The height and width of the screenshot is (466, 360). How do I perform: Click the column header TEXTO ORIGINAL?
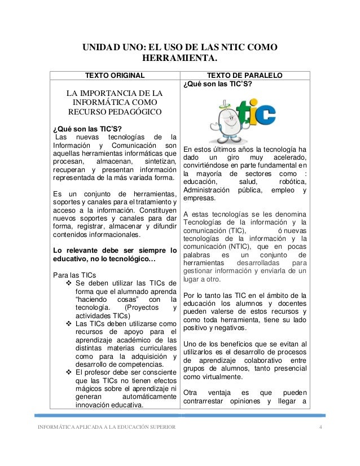pos(115,76)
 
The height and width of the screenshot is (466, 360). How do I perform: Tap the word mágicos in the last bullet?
pos(90,389)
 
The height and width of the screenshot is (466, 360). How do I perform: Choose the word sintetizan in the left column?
pos(157,162)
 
